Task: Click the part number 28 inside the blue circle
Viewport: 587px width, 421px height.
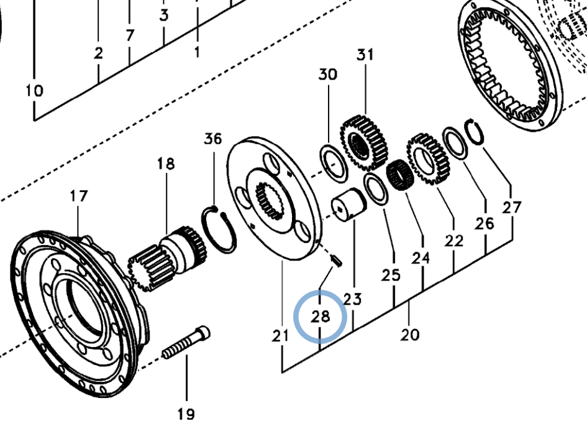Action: [320, 317]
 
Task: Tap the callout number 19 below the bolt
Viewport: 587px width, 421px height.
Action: [186, 413]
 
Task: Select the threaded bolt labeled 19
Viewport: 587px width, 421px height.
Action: [186, 344]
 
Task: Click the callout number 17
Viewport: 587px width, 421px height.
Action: [78, 197]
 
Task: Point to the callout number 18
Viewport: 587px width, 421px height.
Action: [166, 164]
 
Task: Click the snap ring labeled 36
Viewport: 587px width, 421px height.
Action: [221, 229]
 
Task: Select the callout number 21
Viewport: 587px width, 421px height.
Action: [281, 336]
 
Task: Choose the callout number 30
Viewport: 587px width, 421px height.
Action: [328, 75]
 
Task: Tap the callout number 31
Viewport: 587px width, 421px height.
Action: [365, 55]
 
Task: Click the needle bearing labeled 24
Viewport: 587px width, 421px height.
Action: [398, 175]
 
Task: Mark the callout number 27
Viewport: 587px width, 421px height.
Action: [512, 207]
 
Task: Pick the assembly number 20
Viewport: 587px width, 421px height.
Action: [410, 335]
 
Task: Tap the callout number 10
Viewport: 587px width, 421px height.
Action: [35, 91]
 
